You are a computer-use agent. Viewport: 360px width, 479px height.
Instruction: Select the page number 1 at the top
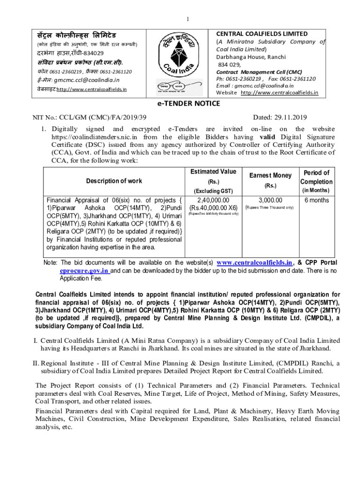pyautogui.click(x=187, y=19)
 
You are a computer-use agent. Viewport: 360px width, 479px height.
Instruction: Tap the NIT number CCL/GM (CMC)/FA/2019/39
pyautogui.click(x=89, y=117)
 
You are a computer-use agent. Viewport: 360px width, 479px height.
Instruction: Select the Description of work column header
pyautogui.click(x=114, y=181)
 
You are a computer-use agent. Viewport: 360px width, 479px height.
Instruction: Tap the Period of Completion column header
pyautogui.click(x=317, y=177)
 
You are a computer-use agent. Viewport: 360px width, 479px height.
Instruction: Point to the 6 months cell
pyautogui.click(x=316, y=200)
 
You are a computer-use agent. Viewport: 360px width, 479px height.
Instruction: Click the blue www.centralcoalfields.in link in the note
pyautogui.click(x=254, y=262)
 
